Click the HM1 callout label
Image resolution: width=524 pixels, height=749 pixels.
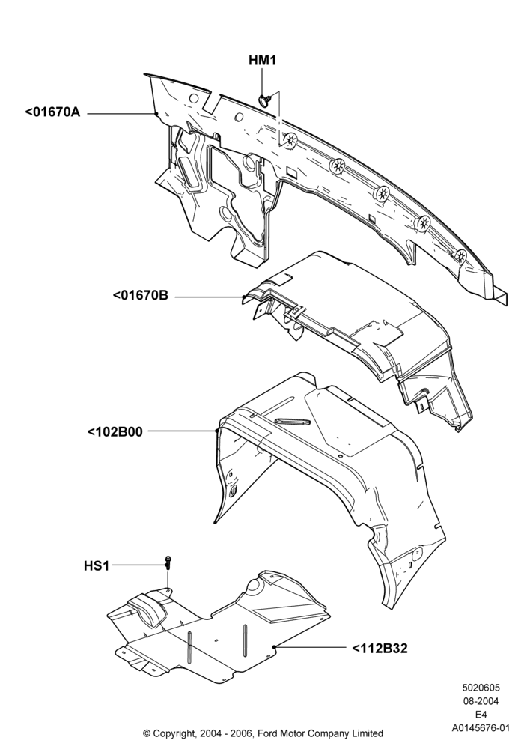pos(262,61)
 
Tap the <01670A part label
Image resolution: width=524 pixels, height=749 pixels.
pos(52,112)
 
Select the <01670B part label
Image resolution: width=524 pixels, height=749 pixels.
pos(140,295)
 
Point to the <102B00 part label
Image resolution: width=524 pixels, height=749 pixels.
pos(115,432)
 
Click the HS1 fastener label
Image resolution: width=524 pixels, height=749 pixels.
pos(97,566)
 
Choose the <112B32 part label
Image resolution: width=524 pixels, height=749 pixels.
pos(380,648)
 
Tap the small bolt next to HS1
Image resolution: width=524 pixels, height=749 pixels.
pos(168,562)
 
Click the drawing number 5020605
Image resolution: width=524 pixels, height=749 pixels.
pos(481,688)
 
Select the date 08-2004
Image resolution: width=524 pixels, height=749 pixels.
pos(481,701)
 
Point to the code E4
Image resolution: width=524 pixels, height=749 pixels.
pos(481,715)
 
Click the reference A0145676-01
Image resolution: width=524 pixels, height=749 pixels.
pos(481,728)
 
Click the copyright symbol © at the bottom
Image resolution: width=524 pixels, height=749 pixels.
pos(147,733)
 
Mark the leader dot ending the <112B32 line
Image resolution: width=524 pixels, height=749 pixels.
pos(274,647)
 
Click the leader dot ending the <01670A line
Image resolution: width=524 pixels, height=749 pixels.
pos(156,113)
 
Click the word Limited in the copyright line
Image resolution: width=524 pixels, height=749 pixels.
pos(368,733)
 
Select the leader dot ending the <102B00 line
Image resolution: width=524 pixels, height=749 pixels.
pos(216,431)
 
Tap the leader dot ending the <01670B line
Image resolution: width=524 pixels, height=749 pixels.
pos(243,297)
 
